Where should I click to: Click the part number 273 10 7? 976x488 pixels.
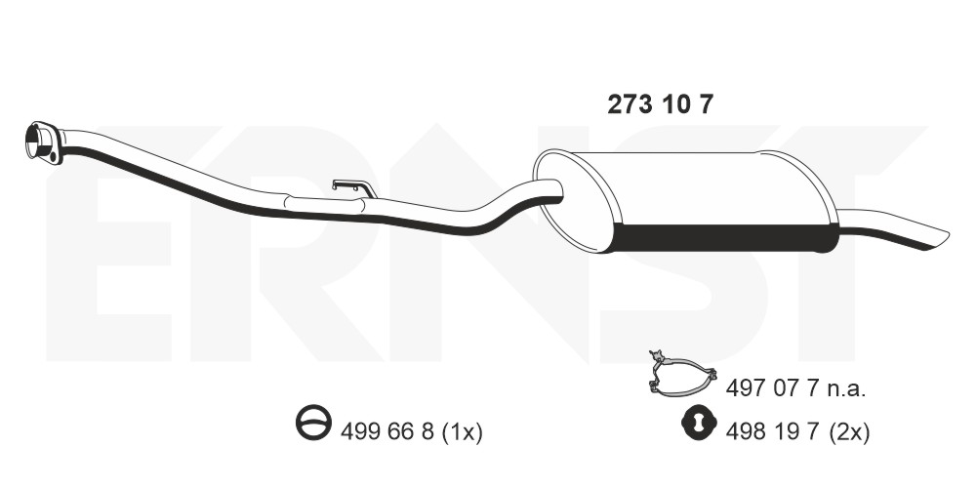[659, 105]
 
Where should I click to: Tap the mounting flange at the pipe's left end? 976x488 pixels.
[44, 143]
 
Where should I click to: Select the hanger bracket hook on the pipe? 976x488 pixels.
[354, 187]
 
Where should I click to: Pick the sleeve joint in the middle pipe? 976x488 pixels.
[324, 205]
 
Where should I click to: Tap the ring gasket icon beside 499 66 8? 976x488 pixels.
[313, 422]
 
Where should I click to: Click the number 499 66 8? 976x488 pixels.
[386, 431]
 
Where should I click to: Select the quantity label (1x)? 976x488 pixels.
[462, 431]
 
